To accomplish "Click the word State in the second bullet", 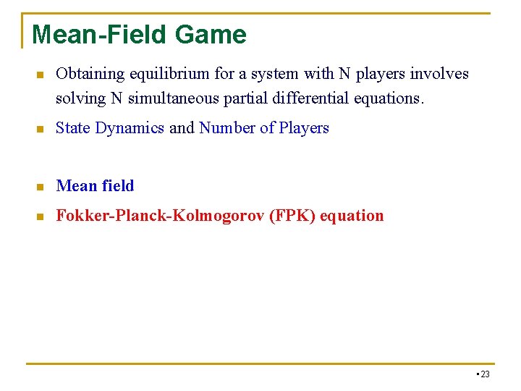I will point(73,128).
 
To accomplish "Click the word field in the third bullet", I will point(118,186).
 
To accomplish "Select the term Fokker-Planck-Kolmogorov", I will point(160,216).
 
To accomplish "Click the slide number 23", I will point(485,374).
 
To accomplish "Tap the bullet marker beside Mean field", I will point(41,187).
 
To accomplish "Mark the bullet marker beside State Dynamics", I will point(41,129).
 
